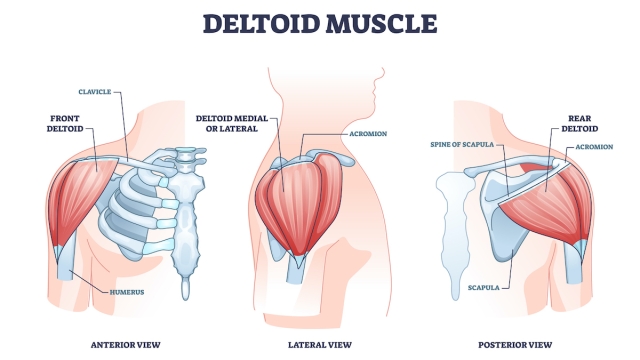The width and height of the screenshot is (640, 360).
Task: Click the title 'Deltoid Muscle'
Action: coord(320,21)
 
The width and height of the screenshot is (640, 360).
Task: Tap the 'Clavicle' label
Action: coord(95,90)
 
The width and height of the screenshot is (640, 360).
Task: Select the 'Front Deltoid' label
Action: coord(71,122)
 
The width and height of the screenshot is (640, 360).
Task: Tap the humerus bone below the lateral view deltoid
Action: coord(298,267)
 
